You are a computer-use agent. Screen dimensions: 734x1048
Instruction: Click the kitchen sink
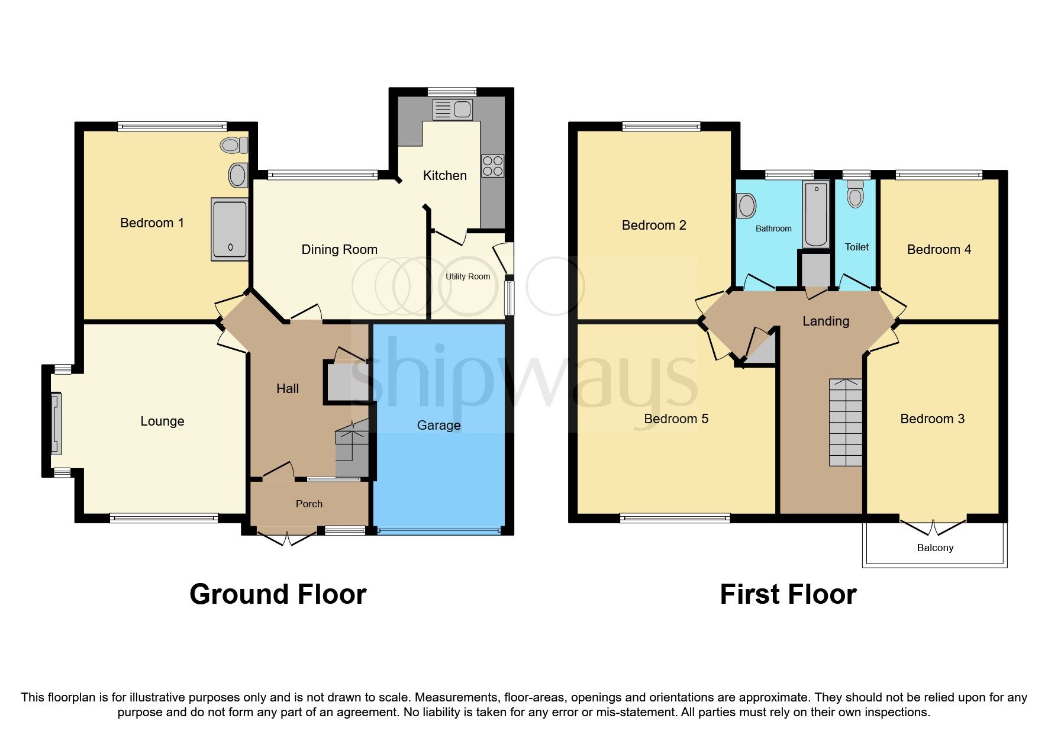[453, 110]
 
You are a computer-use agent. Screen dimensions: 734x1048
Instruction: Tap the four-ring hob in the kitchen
[492, 166]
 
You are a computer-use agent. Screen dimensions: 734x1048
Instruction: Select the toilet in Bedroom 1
[235, 144]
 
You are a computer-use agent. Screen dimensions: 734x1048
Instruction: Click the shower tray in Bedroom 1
[229, 230]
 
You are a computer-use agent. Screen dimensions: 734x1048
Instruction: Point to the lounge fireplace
[56, 421]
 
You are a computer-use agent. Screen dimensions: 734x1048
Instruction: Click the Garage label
[438, 425]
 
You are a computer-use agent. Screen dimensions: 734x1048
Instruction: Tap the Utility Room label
[467, 276]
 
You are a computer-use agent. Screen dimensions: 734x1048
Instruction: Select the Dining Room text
[339, 249]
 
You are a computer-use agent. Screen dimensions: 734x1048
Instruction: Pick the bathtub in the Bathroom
[816, 214]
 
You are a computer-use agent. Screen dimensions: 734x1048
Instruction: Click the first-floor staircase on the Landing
[846, 421]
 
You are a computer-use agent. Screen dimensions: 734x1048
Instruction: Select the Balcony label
[935, 548]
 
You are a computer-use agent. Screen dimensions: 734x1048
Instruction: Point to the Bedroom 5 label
[676, 418]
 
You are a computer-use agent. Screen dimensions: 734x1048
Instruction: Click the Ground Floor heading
[278, 594]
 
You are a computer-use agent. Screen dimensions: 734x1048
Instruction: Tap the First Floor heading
[788, 594]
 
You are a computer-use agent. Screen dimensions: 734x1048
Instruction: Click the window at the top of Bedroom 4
[939, 175]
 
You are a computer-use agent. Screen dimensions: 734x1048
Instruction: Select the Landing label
[825, 321]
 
